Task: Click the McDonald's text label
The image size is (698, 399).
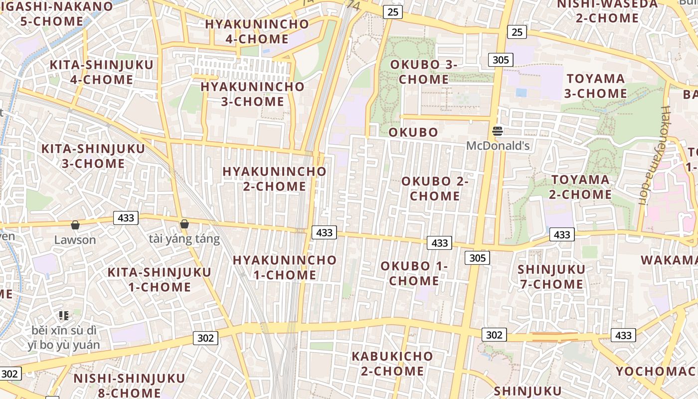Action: click(x=498, y=146)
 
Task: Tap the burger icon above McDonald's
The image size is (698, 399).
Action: click(x=498, y=132)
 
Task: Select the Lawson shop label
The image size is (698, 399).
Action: click(x=75, y=239)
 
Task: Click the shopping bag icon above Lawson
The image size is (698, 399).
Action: click(x=75, y=225)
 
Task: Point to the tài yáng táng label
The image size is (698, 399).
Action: click(x=184, y=239)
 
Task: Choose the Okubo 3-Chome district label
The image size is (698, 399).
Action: click(x=423, y=72)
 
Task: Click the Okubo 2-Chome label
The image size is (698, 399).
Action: click(x=435, y=189)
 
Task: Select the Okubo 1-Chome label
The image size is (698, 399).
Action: click(x=414, y=273)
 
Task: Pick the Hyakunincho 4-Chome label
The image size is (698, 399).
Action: click(x=257, y=31)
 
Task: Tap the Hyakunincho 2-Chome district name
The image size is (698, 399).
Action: click(x=274, y=179)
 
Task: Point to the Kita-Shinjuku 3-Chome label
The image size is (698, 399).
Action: click(x=93, y=156)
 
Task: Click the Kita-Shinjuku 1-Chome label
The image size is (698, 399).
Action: click(x=160, y=279)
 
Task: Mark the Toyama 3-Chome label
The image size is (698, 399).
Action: click(x=596, y=86)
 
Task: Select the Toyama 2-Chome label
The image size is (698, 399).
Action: click(x=580, y=187)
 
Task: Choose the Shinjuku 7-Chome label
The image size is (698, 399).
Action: click(x=551, y=277)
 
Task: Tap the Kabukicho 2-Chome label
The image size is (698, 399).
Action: click(x=392, y=364)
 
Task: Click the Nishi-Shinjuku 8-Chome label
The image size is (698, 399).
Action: click(x=129, y=385)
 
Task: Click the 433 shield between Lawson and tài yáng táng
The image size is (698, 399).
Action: click(x=126, y=218)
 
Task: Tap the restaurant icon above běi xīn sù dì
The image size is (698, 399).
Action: click(x=63, y=315)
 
